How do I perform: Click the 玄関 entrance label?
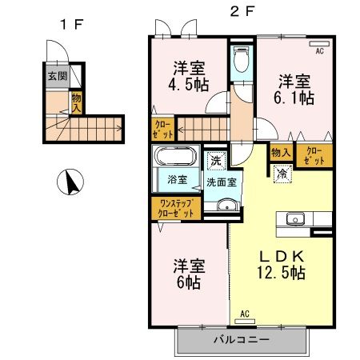point(56,78)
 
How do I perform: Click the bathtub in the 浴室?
point(175,156)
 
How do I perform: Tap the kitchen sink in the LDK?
point(292,218)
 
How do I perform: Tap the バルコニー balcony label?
point(242,339)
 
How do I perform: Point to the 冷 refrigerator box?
point(282,172)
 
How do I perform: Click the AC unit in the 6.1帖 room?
point(318,46)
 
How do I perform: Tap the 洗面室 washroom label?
point(221,182)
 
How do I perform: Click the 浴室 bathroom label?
point(177,180)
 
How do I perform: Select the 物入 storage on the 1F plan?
point(77,102)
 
